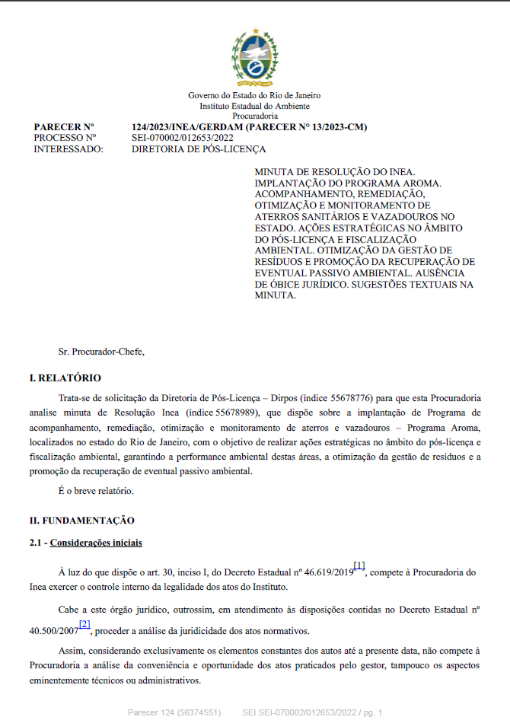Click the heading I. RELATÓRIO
coord(65,378)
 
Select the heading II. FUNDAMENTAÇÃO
coord(81,521)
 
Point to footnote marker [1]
coord(360,565)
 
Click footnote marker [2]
coord(84,624)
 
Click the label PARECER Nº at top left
coord(64,126)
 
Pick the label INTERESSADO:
coord(69,149)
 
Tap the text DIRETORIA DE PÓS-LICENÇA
coord(199,149)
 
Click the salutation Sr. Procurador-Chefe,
coord(101,352)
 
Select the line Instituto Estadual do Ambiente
coord(254,106)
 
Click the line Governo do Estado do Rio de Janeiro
coord(254,95)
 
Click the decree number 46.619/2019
coord(327,572)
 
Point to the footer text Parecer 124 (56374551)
coord(174,712)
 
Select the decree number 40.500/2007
coord(56,631)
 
